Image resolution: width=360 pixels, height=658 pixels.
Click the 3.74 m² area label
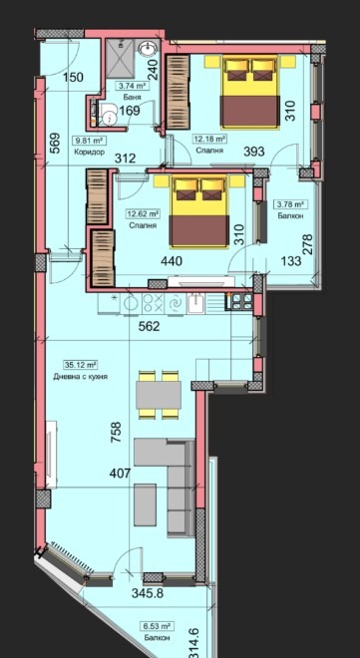point(133,87)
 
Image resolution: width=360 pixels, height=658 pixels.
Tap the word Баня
point(132,97)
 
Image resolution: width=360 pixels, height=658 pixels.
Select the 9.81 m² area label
point(90,141)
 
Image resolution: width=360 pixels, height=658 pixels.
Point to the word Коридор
point(89,152)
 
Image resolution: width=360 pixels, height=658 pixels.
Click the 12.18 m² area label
point(209,138)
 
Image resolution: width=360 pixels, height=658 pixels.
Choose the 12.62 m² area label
point(143,214)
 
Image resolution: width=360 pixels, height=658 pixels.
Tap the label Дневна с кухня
point(81,377)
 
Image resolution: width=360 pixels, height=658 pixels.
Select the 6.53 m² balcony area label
point(157,626)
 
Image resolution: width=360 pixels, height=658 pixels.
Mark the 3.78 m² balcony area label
point(289,204)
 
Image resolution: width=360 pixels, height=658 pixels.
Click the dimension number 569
point(56,144)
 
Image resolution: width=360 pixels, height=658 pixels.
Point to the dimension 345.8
point(148,593)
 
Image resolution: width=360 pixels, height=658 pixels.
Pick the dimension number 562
point(150,326)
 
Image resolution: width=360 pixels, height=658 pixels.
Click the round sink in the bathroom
point(148,50)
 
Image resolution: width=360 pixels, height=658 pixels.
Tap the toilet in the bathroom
point(108,114)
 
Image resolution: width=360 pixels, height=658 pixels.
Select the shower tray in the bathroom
point(121,59)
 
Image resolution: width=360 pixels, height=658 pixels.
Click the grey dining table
point(159,395)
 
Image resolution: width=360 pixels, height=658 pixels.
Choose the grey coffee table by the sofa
point(146,504)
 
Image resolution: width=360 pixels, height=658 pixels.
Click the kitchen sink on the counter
point(196,303)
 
